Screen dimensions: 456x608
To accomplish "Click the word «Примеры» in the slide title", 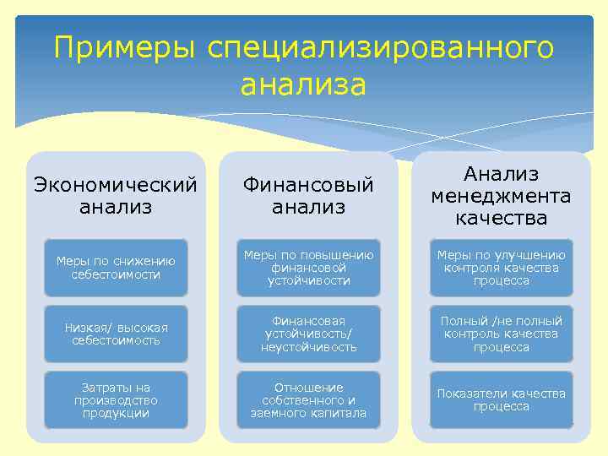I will (123, 49).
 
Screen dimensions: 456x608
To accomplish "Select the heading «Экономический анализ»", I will (116, 194).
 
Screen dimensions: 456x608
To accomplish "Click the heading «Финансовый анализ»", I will (308, 194).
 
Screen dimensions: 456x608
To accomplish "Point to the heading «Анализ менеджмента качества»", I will (501, 196).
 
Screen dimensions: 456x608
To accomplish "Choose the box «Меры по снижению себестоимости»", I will (116, 268).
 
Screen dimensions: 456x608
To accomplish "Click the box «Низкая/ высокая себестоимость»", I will (116, 334).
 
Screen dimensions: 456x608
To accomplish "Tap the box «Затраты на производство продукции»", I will (116, 400).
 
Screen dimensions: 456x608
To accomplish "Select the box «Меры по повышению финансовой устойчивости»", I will (308, 268).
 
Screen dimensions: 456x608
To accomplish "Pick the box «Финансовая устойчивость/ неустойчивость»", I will (308, 334).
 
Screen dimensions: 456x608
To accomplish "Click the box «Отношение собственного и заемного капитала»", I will (308, 400).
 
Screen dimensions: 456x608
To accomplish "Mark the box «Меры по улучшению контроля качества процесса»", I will (501, 268).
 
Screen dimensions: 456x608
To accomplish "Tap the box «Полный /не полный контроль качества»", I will (501, 334).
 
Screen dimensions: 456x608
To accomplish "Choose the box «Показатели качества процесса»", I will (501, 400).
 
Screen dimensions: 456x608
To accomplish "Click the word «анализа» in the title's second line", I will (303, 85).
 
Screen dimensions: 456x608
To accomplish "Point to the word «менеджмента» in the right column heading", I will (501, 196).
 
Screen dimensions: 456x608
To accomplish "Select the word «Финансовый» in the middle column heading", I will (308, 183).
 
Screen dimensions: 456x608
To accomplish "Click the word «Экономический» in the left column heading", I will (116, 183).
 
